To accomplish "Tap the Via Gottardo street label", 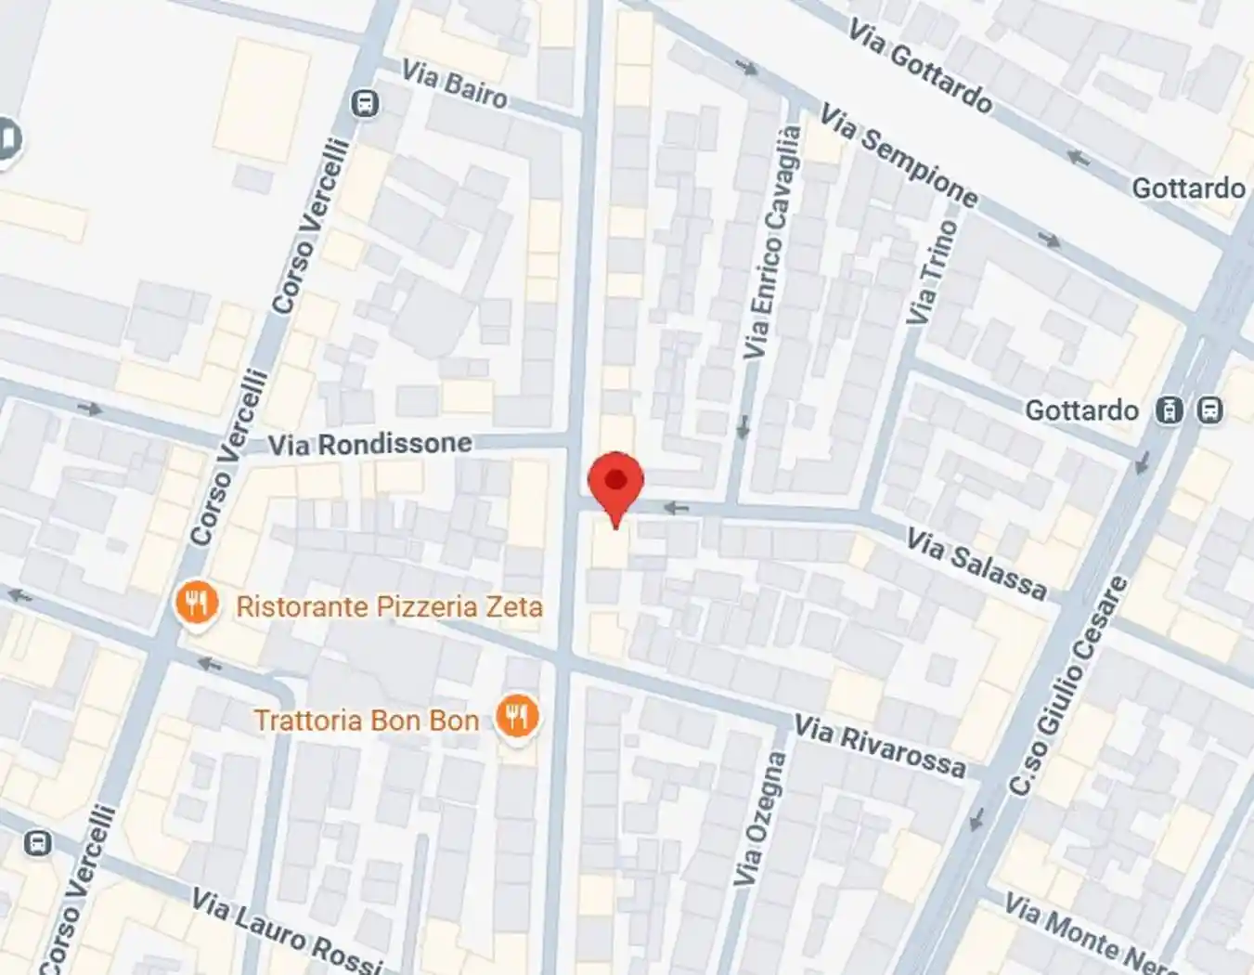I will coord(919,68).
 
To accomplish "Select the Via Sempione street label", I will coord(898,156).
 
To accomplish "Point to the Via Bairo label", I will coord(454,84).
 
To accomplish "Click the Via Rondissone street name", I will coord(369,444).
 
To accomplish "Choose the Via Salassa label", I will coord(976,564).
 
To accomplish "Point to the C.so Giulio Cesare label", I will coord(1069,686).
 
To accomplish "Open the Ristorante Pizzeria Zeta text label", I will coord(389,607).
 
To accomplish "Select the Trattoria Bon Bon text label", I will coord(367,721).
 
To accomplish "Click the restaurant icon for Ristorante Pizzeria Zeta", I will coord(196,605).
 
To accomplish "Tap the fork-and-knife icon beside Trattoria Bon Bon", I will coord(517,717).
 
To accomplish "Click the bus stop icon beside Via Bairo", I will coord(367,103).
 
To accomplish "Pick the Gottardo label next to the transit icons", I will coord(1081,410).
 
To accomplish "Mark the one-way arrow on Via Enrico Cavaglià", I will coord(743,427).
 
